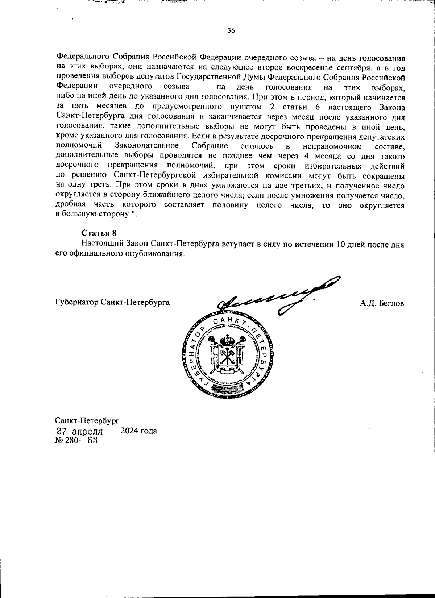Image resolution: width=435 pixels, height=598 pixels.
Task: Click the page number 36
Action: coord(231,30)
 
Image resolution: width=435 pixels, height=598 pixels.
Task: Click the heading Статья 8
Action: coord(99,233)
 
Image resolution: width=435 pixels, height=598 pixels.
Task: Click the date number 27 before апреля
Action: coord(61,431)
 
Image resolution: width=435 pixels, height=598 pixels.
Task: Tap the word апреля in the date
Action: coord(87,432)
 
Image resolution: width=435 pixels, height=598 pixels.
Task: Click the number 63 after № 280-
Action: coord(92,440)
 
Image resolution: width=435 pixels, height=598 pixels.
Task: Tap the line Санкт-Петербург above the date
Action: coord(87,421)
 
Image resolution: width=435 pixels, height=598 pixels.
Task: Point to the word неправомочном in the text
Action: coord(332,146)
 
